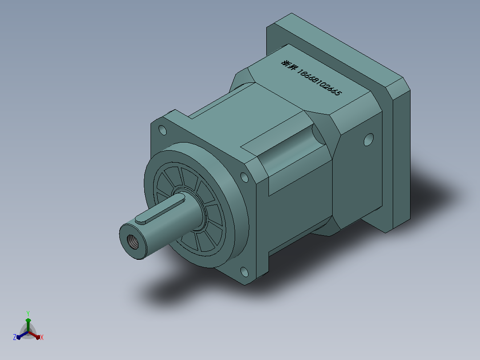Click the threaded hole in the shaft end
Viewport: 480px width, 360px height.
tap(133, 242)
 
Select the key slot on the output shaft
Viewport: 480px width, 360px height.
tap(160, 209)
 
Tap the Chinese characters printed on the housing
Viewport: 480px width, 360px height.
tap(289, 65)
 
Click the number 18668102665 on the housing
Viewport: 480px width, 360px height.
tap(319, 82)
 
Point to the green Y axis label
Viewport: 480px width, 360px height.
tap(28, 314)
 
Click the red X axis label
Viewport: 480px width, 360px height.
tap(42, 337)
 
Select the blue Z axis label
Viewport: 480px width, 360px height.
tap(14, 337)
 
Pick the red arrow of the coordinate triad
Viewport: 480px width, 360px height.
tap(34, 335)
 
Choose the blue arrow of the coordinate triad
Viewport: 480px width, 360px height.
tap(22, 335)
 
